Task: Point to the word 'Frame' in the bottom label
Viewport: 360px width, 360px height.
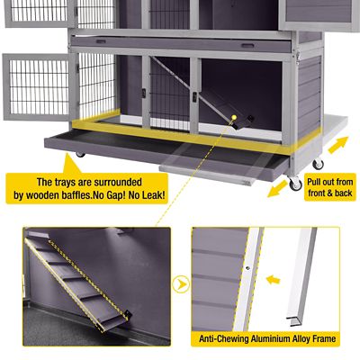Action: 336,340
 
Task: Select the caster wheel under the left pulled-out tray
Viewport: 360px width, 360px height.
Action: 80,155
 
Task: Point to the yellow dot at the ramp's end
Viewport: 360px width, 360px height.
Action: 234,117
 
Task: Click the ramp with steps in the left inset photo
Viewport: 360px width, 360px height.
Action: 81,279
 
